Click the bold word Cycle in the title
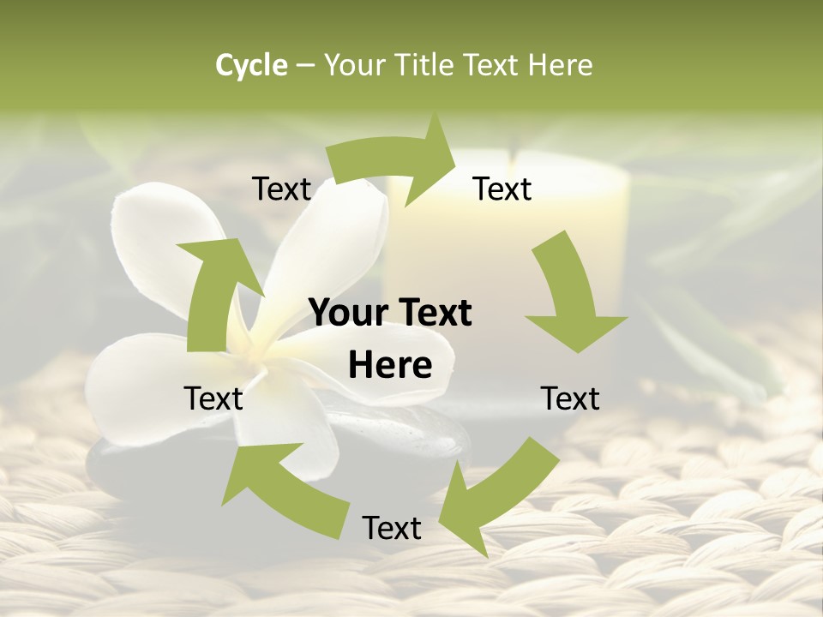pos(251,65)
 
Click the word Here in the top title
pos(560,65)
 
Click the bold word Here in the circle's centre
pos(390,366)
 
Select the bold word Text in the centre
pos(432,314)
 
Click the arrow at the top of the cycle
pos(395,162)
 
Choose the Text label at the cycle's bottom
pos(392,528)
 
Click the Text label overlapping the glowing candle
pos(502,189)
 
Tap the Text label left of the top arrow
pos(281,189)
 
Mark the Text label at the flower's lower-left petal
pos(213,398)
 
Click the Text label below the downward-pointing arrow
pos(570,398)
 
